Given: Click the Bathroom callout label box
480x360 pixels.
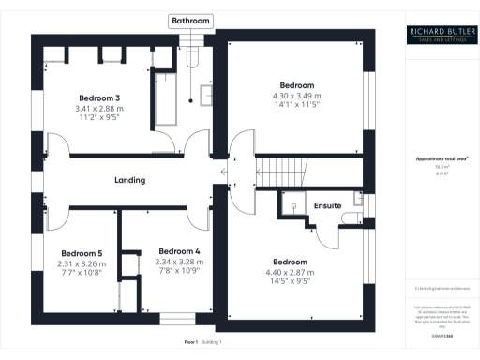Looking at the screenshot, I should [190, 21].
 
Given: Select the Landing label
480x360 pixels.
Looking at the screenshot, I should [129, 180].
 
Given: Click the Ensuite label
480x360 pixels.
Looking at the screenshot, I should [327, 204].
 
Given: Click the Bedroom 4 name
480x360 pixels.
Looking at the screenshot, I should [179, 251].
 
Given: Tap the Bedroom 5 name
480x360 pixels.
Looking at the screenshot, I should [82, 253].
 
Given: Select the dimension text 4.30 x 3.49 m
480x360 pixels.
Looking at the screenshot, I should [295, 96].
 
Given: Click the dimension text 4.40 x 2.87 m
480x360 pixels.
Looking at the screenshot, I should [290, 272].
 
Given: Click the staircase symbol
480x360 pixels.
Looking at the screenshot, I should [280, 171].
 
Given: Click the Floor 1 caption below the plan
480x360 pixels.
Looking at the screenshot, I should [190, 343].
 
